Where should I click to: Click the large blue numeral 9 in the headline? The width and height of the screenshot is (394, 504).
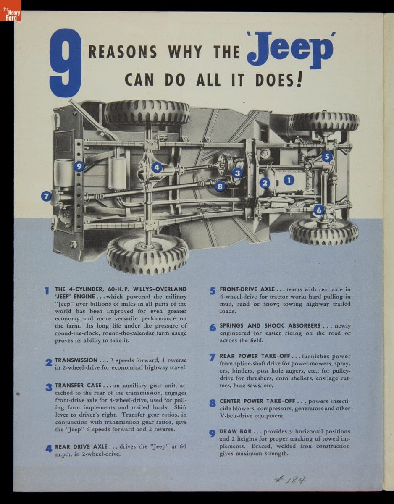[x=66, y=63]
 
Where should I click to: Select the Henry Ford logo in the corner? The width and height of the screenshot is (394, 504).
[x=11, y=10]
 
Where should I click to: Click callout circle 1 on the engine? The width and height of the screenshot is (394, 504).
[x=289, y=180]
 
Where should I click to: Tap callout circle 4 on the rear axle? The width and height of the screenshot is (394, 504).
[x=157, y=167]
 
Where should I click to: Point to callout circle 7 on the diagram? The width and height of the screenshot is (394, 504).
[x=46, y=197]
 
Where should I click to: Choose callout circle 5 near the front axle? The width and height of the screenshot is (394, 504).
[x=327, y=157]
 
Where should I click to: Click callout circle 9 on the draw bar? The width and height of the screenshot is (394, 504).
[x=79, y=166]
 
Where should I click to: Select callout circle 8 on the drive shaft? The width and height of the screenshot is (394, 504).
[x=220, y=186]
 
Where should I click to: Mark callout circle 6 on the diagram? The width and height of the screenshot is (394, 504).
[x=319, y=210]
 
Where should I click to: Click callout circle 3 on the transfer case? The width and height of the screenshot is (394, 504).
[x=237, y=173]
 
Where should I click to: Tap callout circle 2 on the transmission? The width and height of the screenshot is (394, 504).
[x=265, y=183]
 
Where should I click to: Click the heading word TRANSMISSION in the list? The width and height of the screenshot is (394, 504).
[x=76, y=360]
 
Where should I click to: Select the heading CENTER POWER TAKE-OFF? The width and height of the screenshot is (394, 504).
[x=257, y=401]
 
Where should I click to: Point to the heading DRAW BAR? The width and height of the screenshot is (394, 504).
[x=235, y=431]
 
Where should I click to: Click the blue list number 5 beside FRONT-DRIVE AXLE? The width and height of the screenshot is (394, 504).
[x=213, y=291]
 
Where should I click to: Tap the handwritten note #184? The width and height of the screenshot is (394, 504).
[x=290, y=480]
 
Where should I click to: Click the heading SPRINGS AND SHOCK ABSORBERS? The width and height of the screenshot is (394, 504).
[x=270, y=325]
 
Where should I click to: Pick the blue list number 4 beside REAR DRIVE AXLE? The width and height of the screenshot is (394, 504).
[x=49, y=449]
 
